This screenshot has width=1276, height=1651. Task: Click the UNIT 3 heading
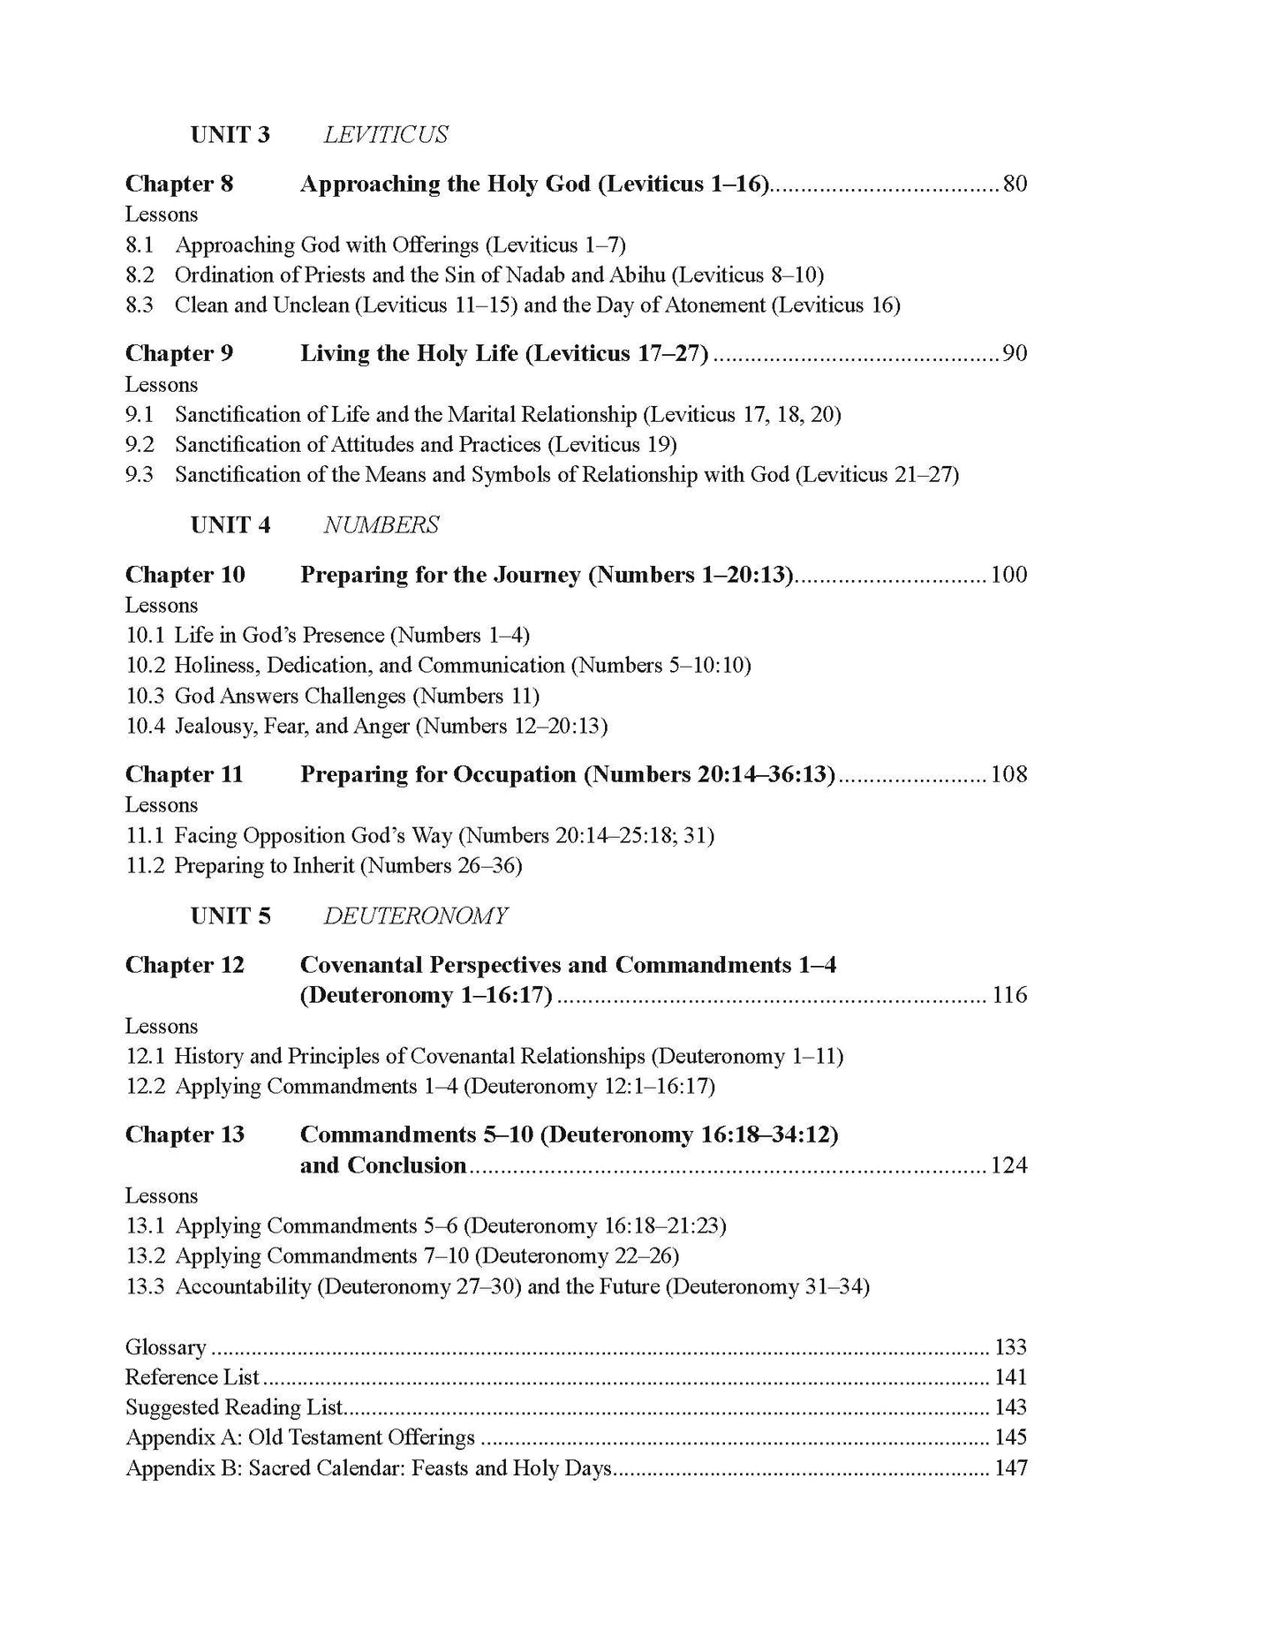coord(230,135)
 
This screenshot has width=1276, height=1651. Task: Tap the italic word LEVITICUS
coord(385,135)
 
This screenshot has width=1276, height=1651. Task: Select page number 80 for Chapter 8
coord(1015,185)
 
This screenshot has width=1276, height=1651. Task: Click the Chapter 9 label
coord(179,354)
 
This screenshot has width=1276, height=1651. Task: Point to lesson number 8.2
coord(140,275)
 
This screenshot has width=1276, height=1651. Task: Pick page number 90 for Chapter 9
coord(1015,354)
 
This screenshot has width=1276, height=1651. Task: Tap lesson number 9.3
coord(140,475)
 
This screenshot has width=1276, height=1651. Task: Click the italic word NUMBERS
coord(381,525)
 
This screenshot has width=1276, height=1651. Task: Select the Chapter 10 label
coord(185,575)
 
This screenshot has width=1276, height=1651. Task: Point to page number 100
coord(1008,575)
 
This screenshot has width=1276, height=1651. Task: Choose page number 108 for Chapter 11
coord(1008,774)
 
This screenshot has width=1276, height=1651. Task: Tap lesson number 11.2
coord(145,865)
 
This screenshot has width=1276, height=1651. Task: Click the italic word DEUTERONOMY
coord(415,916)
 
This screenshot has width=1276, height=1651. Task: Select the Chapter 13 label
coord(185,1135)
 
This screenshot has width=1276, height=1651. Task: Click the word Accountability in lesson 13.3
coord(243,1286)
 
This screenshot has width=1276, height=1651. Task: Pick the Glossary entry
coord(166,1347)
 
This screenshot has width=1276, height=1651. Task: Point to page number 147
coord(1010,1468)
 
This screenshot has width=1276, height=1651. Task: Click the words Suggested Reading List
coord(234,1407)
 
